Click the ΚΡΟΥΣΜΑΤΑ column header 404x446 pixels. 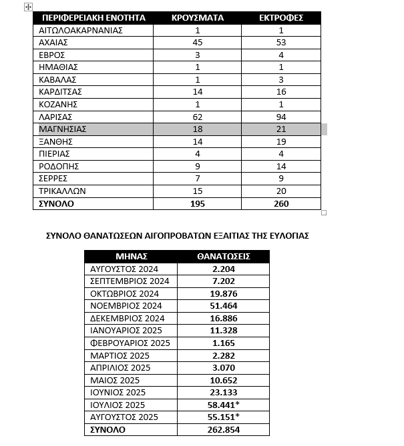198,17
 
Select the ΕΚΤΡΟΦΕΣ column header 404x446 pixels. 281,17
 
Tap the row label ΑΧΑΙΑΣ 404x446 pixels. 54,43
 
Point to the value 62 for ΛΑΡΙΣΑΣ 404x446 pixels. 198,117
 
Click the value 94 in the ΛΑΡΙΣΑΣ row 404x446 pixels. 281,117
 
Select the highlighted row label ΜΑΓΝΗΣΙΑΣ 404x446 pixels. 63,129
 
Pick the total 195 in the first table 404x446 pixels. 198,203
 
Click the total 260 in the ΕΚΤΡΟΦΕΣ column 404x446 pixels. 281,203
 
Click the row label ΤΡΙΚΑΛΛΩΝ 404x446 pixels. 63,191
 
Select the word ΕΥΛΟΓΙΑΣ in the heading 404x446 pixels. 284,235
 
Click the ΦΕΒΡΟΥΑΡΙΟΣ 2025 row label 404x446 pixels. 130,343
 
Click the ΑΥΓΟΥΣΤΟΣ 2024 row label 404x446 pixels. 124,269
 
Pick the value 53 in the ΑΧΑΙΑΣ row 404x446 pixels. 281,43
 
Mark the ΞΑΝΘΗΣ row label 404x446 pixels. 55,141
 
